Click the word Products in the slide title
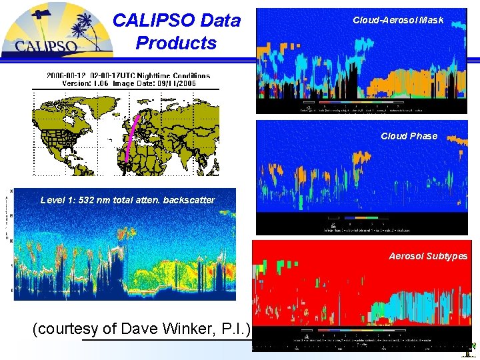[175, 43]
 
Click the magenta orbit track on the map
[132, 137]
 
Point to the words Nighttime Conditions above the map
[174, 76]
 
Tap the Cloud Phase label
[409, 136]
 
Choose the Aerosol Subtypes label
[428, 256]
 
